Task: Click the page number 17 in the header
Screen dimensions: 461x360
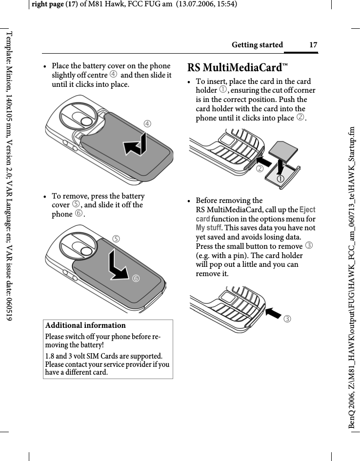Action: (x=313, y=45)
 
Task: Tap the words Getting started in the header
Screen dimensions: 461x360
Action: (x=257, y=45)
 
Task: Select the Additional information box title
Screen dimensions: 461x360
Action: (x=85, y=325)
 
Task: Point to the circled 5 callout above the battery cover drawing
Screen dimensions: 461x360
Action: (x=116, y=239)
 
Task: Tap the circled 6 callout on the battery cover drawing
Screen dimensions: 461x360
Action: (x=135, y=278)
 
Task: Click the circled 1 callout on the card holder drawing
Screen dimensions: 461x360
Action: (x=281, y=179)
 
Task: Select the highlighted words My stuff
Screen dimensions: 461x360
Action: (x=209, y=228)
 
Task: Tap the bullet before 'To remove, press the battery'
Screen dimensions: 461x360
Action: (x=45, y=197)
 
